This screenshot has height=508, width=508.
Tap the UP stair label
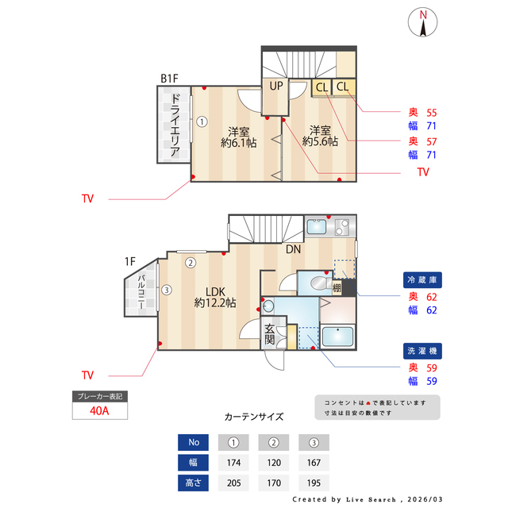click(276, 86)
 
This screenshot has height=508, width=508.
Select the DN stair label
click(294, 249)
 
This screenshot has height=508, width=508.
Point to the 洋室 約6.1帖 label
click(239, 137)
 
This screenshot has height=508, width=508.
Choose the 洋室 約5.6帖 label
click(320, 136)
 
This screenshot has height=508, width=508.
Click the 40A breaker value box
click(100, 411)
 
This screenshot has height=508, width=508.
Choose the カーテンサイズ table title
click(254, 416)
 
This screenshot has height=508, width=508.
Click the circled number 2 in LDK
click(190, 263)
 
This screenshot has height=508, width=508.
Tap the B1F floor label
click(169, 79)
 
